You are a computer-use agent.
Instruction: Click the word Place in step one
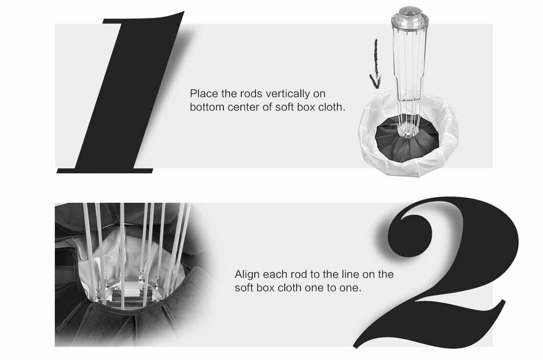coord(204,94)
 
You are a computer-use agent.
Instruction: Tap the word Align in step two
coord(247,275)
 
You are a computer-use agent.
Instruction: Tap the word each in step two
coord(276,275)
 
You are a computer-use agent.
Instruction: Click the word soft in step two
coord(244,288)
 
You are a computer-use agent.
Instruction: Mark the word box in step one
coord(304,107)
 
